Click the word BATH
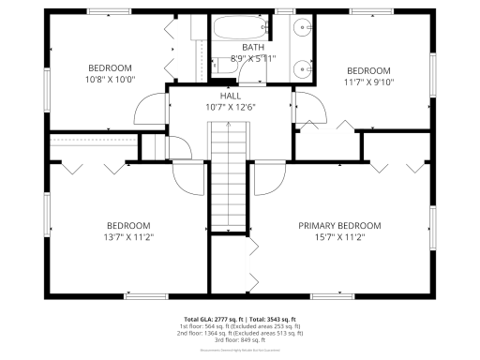(253, 48)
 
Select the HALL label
(231, 96)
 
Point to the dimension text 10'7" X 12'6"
(231, 107)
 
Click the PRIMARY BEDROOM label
(339, 225)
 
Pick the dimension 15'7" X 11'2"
(339, 237)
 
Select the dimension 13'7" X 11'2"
(127, 237)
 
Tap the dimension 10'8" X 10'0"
(110, 80)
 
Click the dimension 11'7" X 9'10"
(368, 82)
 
